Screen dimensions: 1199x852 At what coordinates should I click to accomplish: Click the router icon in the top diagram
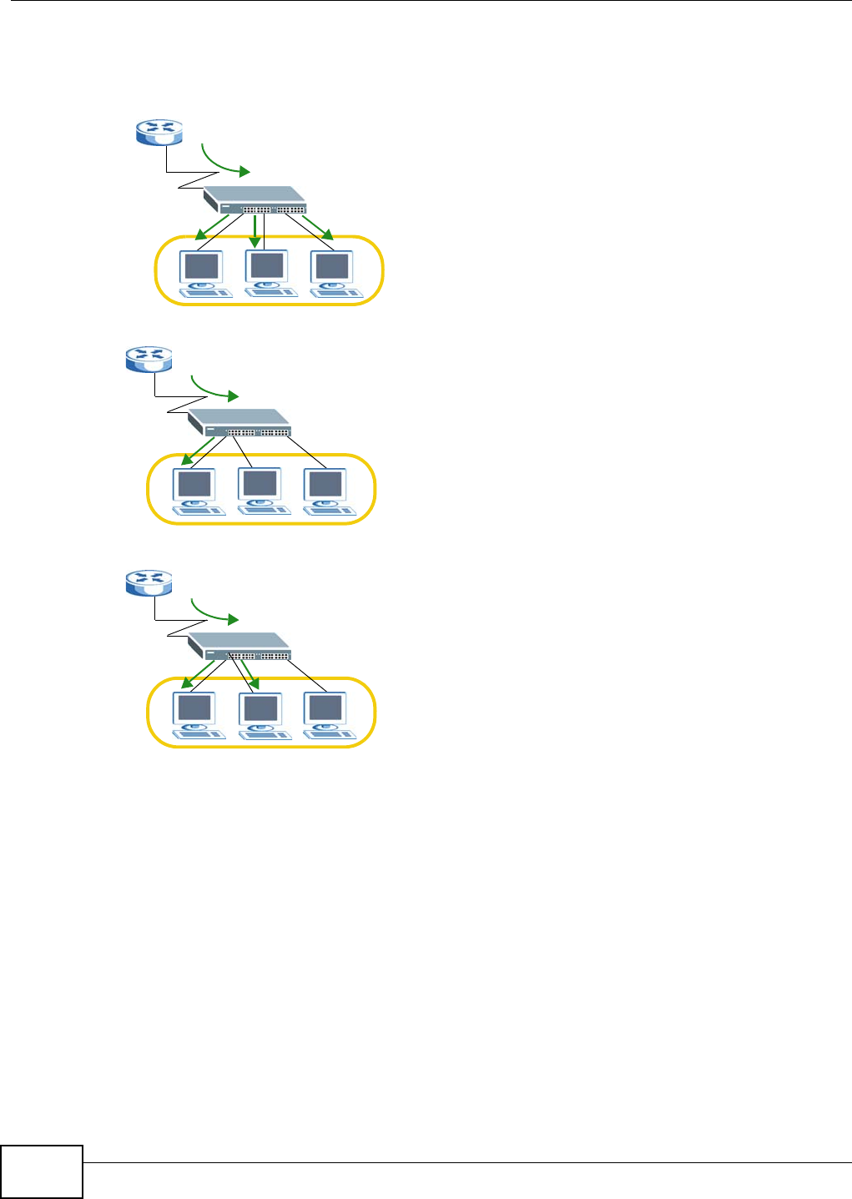point(159,131)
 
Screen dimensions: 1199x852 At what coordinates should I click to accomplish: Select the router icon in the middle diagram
point(149,359)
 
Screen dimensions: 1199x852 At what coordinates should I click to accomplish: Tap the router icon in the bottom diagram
point(149,582)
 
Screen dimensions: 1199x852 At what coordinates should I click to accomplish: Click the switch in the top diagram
point(255,200)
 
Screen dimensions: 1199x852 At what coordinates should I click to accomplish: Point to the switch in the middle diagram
point(239,423)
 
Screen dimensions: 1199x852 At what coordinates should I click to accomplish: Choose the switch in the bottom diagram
point(239,647)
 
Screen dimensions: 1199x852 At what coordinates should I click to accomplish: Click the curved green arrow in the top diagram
point(224,162)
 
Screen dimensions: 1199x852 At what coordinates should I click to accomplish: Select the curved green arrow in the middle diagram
point(214,389)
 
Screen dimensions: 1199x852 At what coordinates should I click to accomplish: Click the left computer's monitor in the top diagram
point(202,267)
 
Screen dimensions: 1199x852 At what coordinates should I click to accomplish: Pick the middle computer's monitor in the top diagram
point(267,265)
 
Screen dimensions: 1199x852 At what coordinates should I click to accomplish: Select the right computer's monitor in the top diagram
point(332,267)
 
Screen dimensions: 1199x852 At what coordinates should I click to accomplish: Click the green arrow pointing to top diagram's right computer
point(318,227)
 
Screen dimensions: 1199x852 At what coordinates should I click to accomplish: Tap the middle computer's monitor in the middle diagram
point(260,484)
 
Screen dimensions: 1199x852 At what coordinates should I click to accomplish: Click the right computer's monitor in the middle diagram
point(325,485)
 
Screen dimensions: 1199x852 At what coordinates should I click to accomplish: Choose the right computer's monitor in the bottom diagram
point(325,708)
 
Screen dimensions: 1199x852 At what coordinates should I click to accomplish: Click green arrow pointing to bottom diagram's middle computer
point(249,674)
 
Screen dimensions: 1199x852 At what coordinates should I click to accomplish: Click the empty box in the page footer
point(42,1171)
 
